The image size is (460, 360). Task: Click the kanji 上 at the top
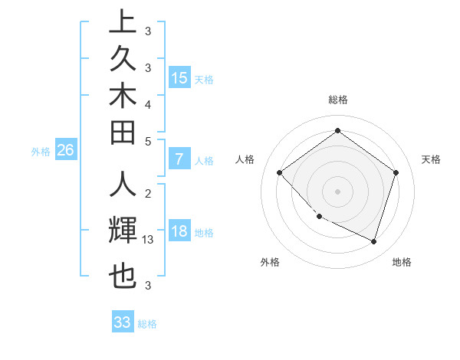point(122,22)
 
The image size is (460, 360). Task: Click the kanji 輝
point(122,231)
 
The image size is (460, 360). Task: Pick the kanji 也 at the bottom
point(122,277)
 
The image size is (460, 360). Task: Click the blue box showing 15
point(179,78)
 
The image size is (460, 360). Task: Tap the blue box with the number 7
point(179,160)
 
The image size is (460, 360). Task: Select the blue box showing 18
point(179,232)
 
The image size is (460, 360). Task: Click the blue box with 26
point(65,151)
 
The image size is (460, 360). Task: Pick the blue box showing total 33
point(122,322)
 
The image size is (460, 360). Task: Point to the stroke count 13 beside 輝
point(148,240)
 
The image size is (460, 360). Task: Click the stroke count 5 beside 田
point(148,141)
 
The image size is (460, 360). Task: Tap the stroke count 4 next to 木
point(148,103)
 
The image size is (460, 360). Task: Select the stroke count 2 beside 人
point(148,194)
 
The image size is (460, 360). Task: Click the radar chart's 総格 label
point(338,100)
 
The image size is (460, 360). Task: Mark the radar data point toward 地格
point(373,242)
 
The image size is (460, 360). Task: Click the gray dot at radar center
point(337,191)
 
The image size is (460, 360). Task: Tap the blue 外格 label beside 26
point(41,152)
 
